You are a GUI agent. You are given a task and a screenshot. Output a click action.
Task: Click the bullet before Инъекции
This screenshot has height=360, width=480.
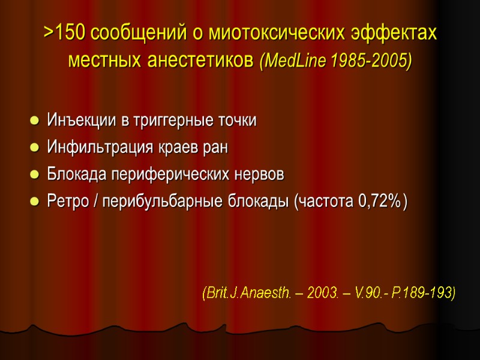pyautogui.click(x=34, y=121)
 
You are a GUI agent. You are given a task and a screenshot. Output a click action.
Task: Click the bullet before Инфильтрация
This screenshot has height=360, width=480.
pyautogui.click(x=34, y=148)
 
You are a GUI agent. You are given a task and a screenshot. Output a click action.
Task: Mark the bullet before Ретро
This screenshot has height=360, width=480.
pyautogui.click(x=34, y=203)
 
